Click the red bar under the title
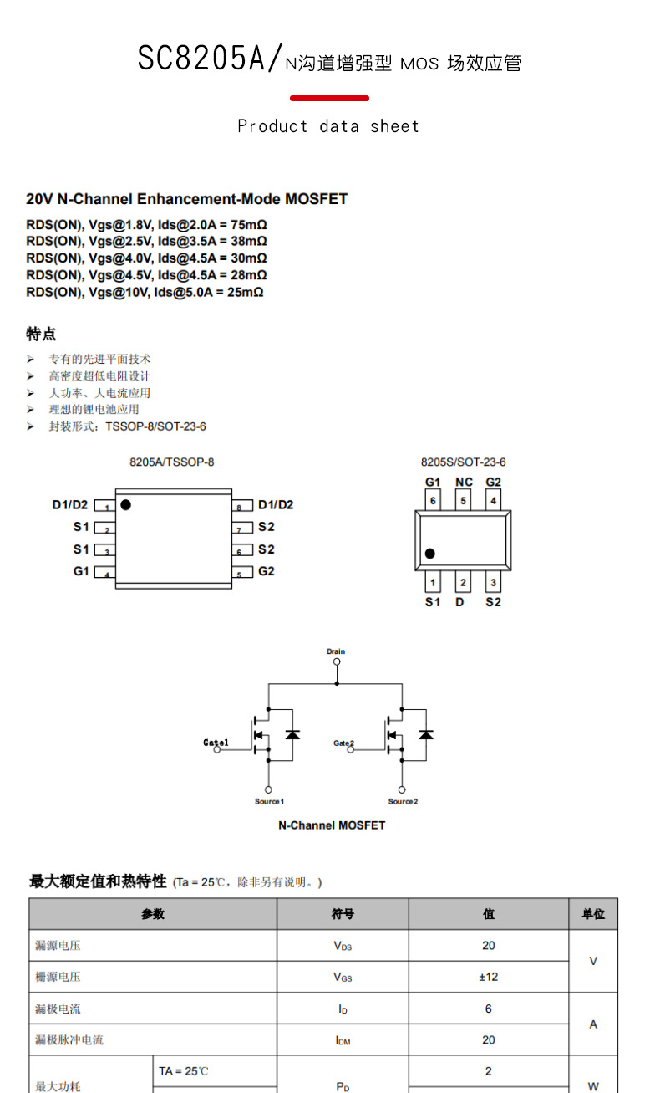pos(329,99)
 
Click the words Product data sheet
pos(328,126)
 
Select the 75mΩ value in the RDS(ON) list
pos(249,225)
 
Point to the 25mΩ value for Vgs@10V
pos(246,293)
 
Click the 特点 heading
pos(41,335)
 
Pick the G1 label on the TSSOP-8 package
pos(81,571)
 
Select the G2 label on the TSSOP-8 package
pos(267,571)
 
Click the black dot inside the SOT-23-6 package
pos(430,553)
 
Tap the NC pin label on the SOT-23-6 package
pos(464,483)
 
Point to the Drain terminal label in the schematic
pos(336,651)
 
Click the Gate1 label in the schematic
pos(216,743)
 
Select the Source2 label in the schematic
pos(403,801)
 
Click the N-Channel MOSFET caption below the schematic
pos(332,825)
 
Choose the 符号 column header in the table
pos(343,914)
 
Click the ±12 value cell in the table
pos(489,977)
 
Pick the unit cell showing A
pos(593,1024)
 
